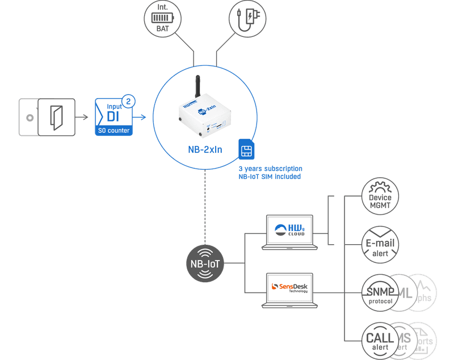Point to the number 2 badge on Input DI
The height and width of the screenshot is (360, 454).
point(129,102)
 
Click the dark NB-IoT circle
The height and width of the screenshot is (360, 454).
point(205,263)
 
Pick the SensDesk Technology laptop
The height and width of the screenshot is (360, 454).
point(289,289)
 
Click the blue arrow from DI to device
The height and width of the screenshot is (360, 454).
point(141,118)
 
